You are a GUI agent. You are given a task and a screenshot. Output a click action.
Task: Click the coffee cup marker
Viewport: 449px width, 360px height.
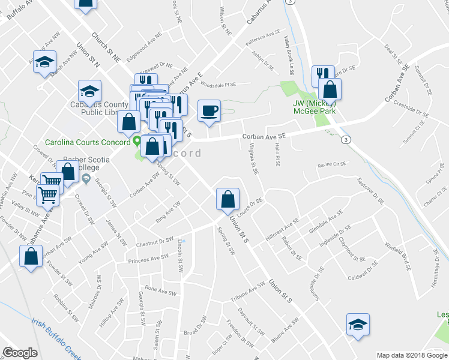pyautogui.click(x=209, y=111)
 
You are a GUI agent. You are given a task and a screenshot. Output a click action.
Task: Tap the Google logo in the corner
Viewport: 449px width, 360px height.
pyautogui.click(x=20, y=352)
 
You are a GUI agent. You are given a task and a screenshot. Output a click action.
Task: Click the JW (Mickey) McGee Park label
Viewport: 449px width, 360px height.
pyautogui.click(x=314, y=106)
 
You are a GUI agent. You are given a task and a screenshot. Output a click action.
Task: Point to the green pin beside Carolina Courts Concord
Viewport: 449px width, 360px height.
pyautogui.click(x=137, y=142)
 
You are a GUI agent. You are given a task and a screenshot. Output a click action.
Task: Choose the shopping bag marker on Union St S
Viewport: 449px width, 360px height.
pyautogui.click(x=228, y=200)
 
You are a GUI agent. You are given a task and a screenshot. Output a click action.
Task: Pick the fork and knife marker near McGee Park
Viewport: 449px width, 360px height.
pyautogui.click(x=323, y=76)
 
